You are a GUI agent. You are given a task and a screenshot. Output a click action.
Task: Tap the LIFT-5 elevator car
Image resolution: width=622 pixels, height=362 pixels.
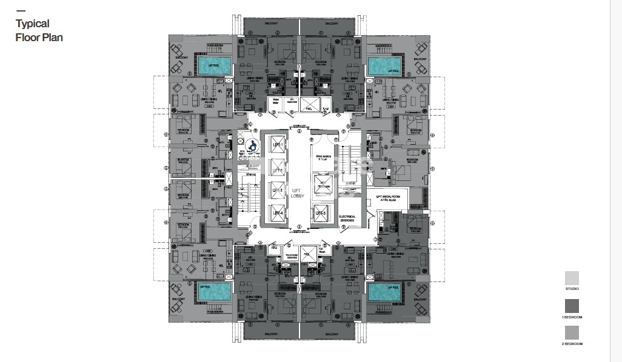click(321, 213)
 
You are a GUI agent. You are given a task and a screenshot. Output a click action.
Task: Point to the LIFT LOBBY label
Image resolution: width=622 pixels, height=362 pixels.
click(296, 193)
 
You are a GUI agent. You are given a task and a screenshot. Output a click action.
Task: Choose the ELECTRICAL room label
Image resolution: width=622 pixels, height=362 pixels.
click(347, 217)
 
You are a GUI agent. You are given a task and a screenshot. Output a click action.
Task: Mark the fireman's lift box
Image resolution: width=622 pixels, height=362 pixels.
click(323, 185)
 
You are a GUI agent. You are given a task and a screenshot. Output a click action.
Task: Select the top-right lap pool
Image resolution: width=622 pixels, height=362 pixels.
click(384, 65)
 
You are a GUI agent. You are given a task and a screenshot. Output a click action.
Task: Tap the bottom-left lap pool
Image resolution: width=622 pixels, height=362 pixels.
click(213, 294)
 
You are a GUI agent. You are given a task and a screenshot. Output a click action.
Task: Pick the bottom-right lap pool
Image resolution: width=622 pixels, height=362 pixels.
click(384, 294)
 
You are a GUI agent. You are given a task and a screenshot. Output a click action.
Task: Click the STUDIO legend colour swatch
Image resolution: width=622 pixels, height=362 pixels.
click(572, 278)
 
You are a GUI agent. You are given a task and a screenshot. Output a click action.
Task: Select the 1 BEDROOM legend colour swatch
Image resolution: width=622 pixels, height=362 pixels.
click(572, 305)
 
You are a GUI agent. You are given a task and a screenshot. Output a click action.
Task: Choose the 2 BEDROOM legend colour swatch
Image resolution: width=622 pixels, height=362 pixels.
click(572, 332)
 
